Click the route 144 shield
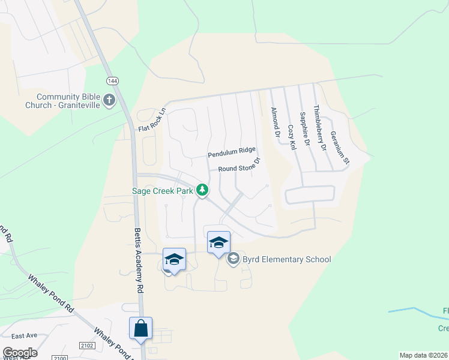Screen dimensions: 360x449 tap(112, 80)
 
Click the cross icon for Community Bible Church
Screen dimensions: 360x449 tap(109, 100)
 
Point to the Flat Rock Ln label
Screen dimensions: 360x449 tap(151, 120)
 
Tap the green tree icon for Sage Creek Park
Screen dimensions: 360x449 tap(203, 191)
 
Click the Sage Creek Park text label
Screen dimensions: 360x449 tap(163, 191)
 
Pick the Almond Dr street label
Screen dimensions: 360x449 tap(275, 122)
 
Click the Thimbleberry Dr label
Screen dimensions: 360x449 tap(319, 130)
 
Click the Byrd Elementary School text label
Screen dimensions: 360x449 tap(286, 260)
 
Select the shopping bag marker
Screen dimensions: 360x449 tap(140, 329)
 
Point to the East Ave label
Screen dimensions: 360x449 tap(24, 335)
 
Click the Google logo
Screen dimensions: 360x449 tap(20, 353)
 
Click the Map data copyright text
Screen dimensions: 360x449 tap(424, 355)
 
